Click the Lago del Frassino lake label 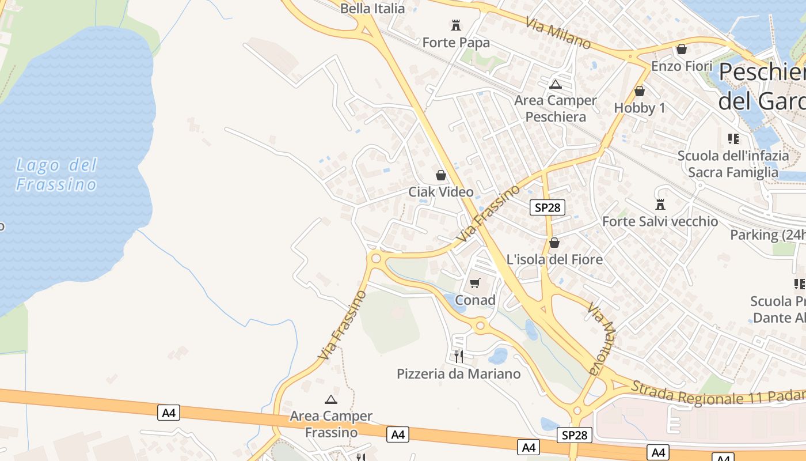[56, 175]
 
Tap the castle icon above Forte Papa [456, 25]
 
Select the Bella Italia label [372, 9]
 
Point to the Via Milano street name [558, 32]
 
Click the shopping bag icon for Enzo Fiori [682, 50]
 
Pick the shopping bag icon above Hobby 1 [639, 91]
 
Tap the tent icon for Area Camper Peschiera [556, 85]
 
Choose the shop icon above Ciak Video [441, 175]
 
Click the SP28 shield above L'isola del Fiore [547, 207]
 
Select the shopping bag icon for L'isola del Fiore [554, 243]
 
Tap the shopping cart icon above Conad [475, 283]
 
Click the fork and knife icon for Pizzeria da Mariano [458, 357]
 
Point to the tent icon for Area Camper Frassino [331, 399]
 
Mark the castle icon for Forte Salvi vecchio [660, 205]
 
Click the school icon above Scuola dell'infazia [733, 139]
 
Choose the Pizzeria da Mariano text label [458, 374]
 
